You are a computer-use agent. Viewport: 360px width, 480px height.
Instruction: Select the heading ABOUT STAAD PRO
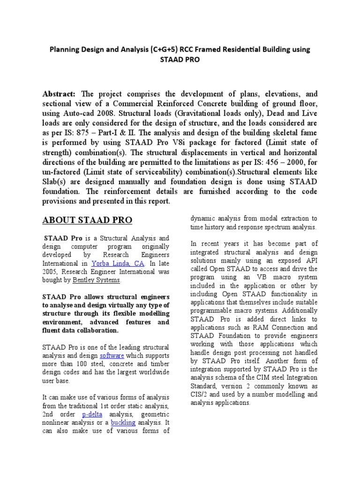point(87,220)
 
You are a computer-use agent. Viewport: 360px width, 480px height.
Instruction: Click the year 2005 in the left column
point(52,272)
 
